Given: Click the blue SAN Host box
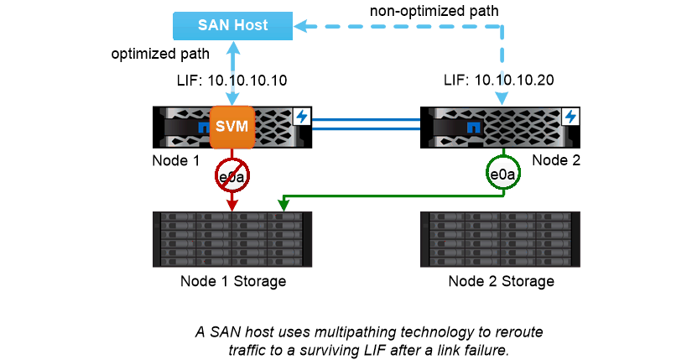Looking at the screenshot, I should pos(232,25).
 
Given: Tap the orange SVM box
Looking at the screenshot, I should pos(232,127).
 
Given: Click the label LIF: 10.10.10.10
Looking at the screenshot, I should pos(233,81).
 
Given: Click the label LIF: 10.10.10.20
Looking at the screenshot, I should pos(500,81).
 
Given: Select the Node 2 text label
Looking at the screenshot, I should pos(554,160).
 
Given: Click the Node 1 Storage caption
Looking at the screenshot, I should pos(233,281).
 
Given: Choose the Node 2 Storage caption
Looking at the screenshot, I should pos(501,281).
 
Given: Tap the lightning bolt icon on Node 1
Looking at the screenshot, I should pos(301,115).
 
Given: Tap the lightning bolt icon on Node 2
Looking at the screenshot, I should pos(571,115).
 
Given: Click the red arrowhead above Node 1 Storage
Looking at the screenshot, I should pos(232,205).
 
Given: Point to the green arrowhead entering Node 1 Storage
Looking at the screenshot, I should pos(284,204).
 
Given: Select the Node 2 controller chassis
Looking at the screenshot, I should pos(501,127).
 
